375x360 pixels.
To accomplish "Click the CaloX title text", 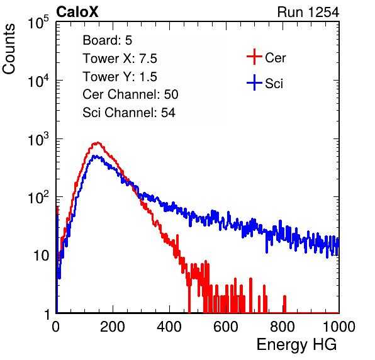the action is [77, 12].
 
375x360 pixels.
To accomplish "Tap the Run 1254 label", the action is [308, 12].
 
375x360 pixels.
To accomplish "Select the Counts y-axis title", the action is [9, 49].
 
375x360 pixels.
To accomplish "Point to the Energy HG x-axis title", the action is [296, 345].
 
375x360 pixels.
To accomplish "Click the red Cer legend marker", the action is [254, 57].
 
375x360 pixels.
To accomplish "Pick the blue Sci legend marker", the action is [254, 82].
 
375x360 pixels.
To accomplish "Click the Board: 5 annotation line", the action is [107, 40].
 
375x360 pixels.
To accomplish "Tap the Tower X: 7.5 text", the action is [120, 59].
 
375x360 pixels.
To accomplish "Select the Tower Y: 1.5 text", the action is [120, 77].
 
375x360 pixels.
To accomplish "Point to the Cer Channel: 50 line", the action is [130, 94].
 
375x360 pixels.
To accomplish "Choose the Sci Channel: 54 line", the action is [129, 113].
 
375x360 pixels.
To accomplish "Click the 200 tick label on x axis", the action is [113, 327].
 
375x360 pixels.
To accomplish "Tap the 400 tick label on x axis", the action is [169, 327].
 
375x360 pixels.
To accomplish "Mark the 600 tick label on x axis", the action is [226, 327].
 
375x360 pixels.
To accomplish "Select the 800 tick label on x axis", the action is [283, 327].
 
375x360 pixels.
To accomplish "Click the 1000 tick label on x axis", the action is [339, 327].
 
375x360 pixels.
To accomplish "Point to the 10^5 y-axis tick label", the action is [38, 23].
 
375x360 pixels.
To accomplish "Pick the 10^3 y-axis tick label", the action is [38, 140].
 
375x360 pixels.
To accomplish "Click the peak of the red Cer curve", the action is [98, 143].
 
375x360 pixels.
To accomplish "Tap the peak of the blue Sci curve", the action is [95, 156].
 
